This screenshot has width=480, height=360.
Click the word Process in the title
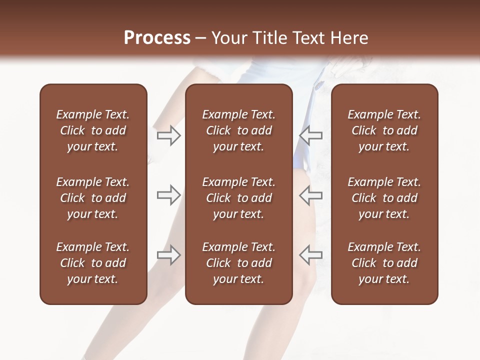click(x=157, y=38)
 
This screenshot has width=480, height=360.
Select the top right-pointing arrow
click(x=169, y=135)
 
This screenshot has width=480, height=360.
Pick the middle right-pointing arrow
click(x=169, y=195)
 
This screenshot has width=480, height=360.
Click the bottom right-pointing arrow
click(x=169, y=255)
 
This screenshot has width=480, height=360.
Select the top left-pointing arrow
click(x=310, y=135)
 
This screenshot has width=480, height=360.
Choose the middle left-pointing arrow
click(x=310, y=195)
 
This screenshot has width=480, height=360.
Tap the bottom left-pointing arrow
click(x=310, y=255)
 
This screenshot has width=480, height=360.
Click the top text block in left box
click(x=93, y=130)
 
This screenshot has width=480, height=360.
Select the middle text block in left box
click(x=93, y=198)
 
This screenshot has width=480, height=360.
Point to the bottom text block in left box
click(x=93, y=263)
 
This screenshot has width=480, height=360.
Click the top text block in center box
click(x=238, y=130)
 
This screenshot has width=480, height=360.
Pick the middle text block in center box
click(x=238, y=198)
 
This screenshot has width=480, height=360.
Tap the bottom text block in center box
click(x=238, y=263)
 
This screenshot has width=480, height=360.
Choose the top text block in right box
click(x=384, y=130)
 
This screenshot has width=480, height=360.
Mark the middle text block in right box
click(x=384, y=198)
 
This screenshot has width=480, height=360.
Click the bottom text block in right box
click(x=384, y=263)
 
